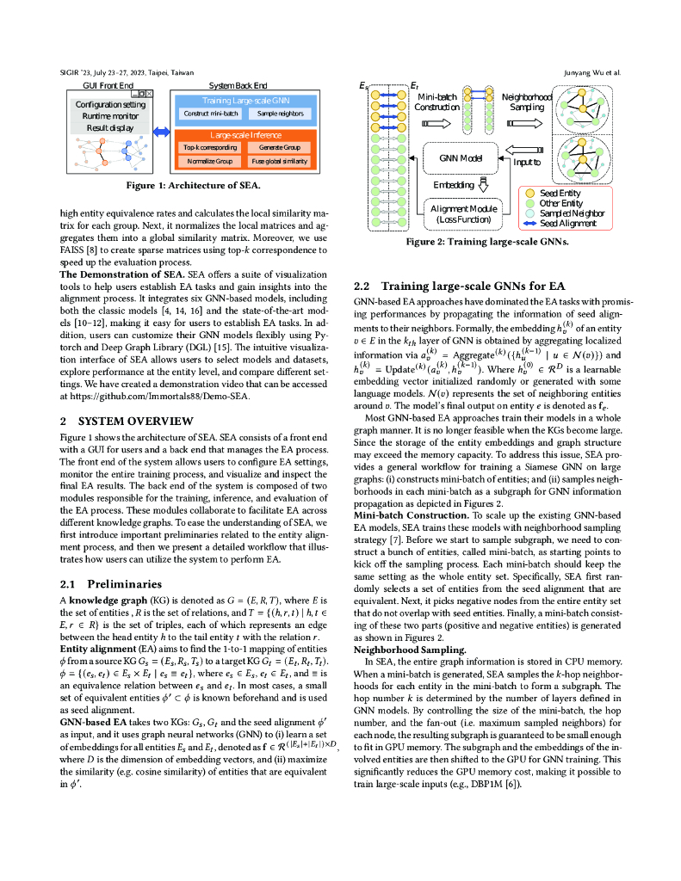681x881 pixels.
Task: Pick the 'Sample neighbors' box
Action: click(280, 114)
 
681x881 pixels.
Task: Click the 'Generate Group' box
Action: click(280, 148)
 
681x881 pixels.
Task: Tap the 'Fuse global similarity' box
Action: click(280, 162)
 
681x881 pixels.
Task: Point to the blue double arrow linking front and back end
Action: click(161, 132)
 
